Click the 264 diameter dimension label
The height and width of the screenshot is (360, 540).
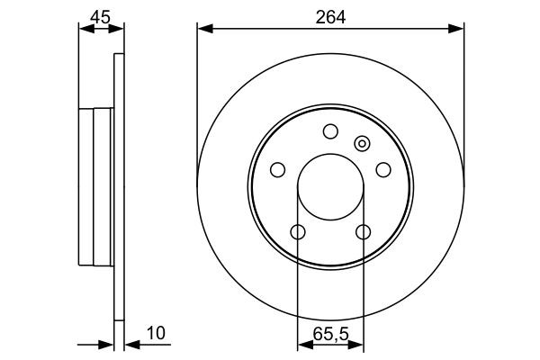click(330, 14)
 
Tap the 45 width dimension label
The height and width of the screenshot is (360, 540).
click(100, 14)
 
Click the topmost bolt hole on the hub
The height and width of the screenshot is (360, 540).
click(330, 131)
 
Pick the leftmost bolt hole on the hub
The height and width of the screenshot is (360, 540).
click(277, 169)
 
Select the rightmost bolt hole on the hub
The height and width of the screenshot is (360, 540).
click(383, 169)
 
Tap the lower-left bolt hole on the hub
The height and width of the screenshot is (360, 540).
click(298, 232)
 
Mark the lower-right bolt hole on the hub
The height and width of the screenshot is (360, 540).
click(364, 232)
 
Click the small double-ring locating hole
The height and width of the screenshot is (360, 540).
click(363, 142)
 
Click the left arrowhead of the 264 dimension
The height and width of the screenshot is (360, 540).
click(203, 30)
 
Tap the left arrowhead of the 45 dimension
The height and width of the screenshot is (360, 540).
click(85, 30)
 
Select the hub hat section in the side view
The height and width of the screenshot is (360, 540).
click(95, 187)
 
